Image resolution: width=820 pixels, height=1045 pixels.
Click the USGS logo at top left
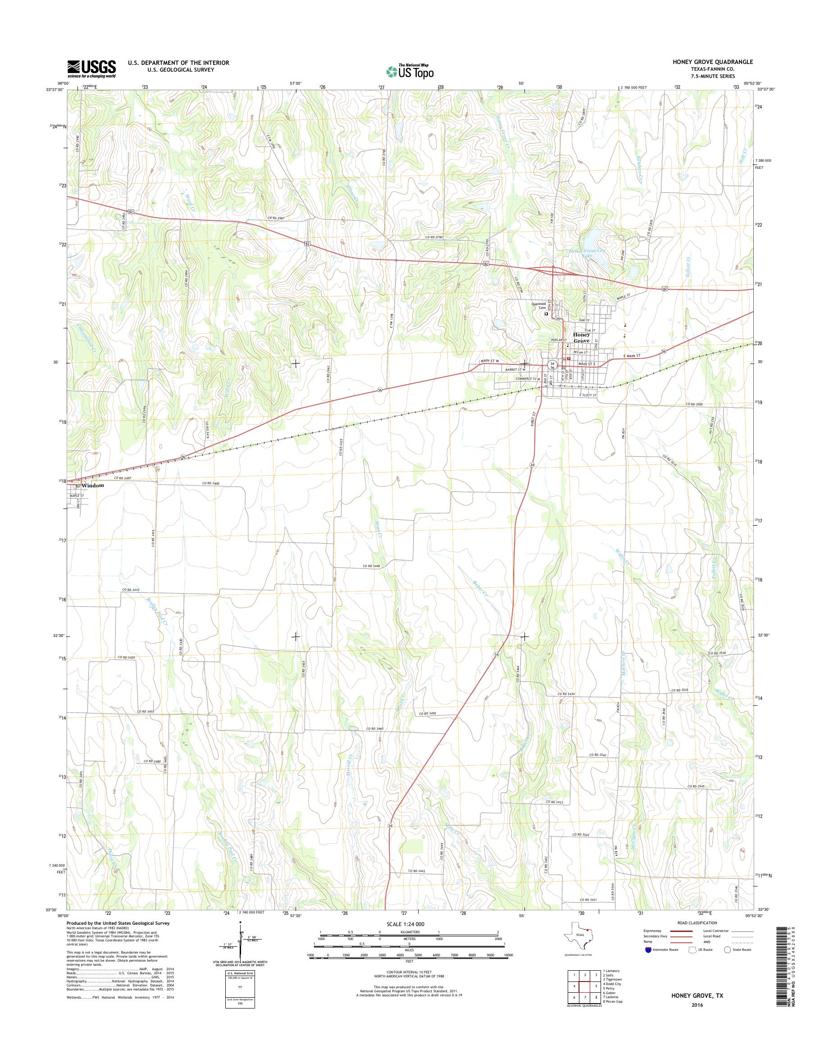tap(91, 68)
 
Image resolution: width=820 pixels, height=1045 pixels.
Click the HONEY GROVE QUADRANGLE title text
tap(720, 62)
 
